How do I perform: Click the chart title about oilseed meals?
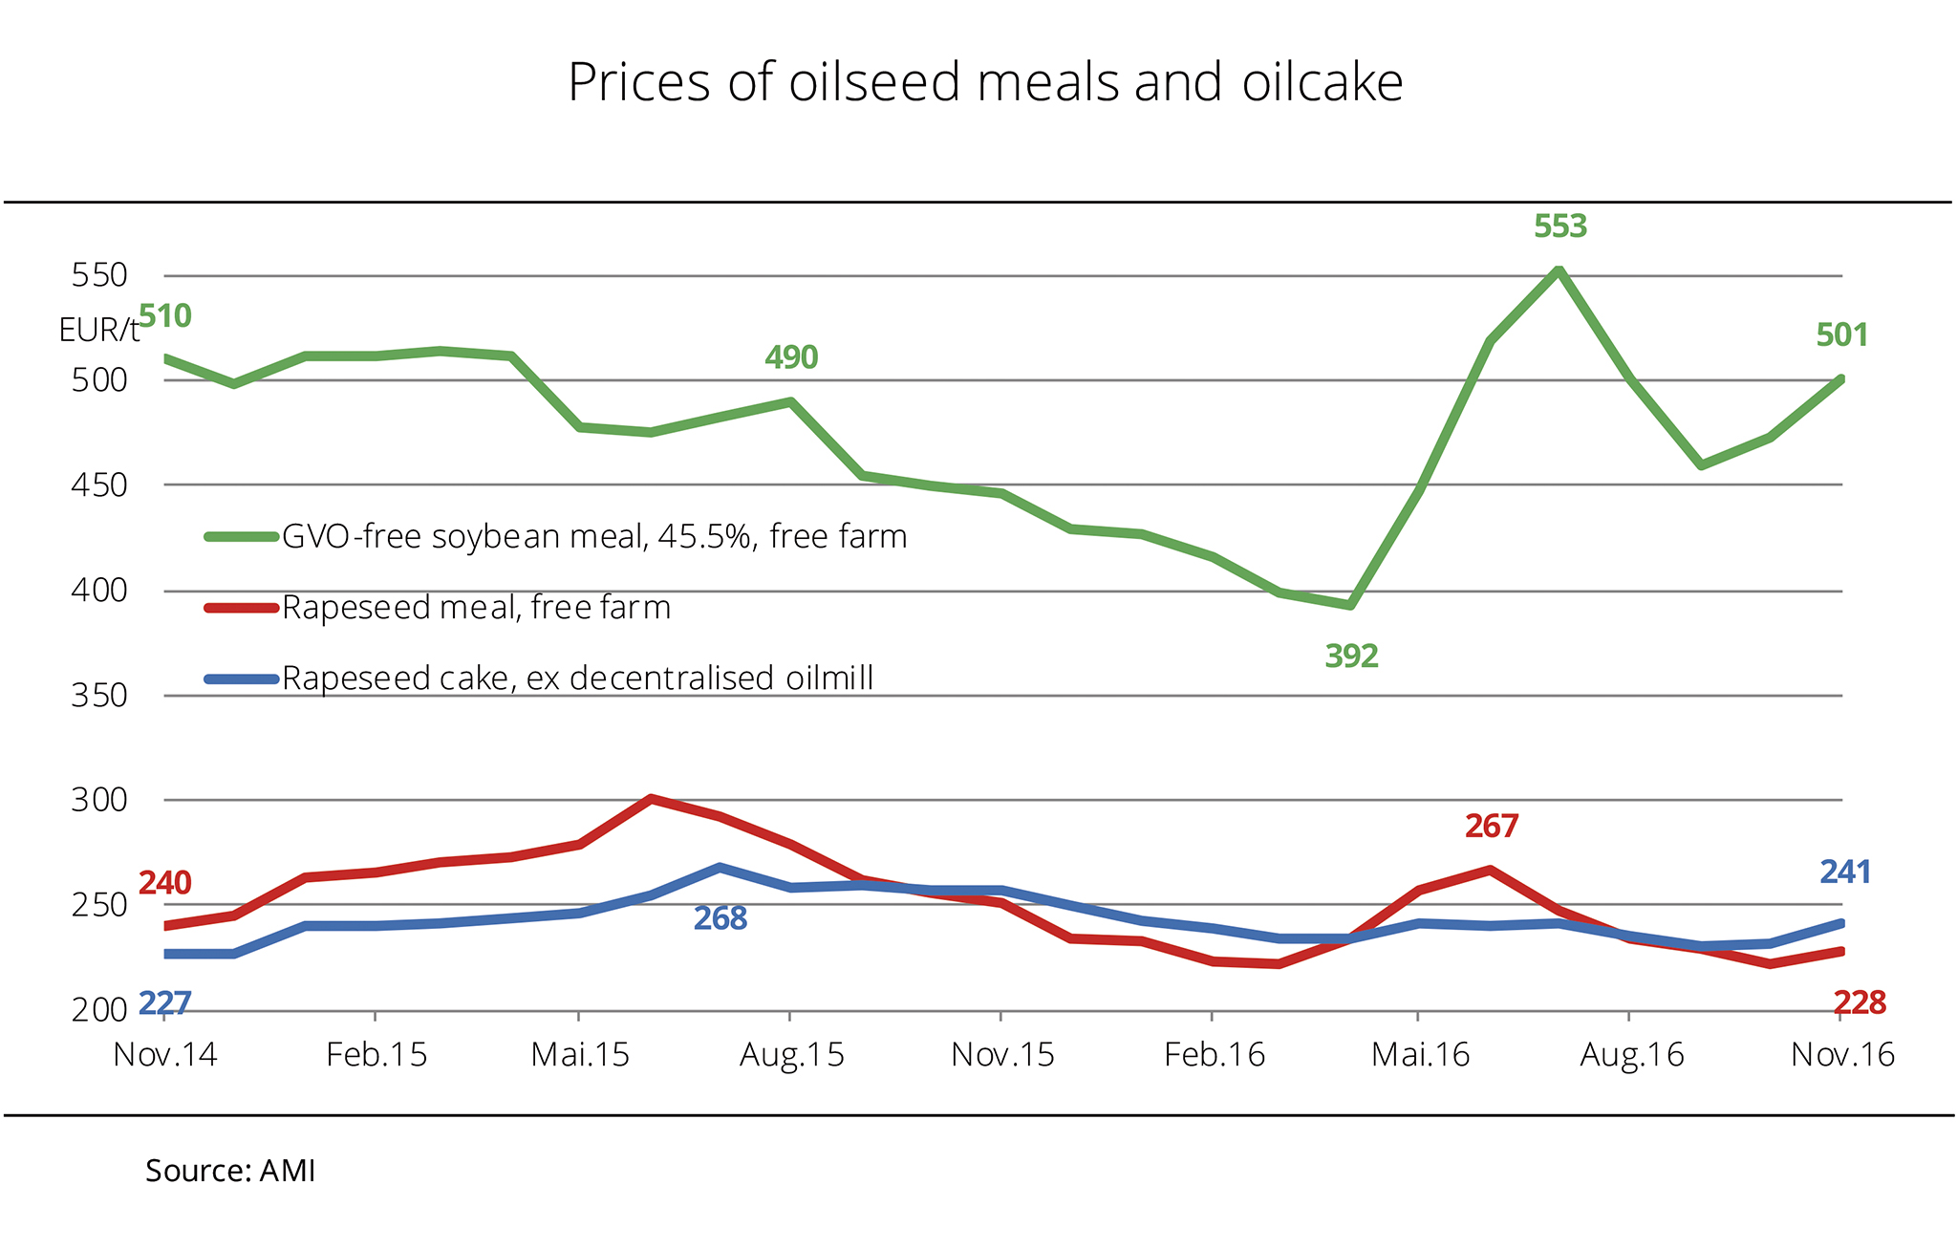[985, 82]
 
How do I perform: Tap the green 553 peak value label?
[1559, 226]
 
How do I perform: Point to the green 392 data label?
[1351, 657]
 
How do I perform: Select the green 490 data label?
[791, 357]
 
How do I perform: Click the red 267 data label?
[1491, 826]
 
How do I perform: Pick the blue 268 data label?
[720, 919]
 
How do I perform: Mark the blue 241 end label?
[1844, 872]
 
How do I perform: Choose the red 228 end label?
[1859, 1003]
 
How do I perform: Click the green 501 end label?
[1841, 335]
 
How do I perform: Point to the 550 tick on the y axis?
[99, 276]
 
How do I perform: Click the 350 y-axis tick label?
[99, 696]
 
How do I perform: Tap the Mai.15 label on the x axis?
[580, 1055]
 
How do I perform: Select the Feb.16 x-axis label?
[1214, 1055]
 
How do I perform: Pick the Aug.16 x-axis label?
[1631, 1055]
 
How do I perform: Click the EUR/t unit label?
[98, 331]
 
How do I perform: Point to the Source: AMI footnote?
[230, 1172]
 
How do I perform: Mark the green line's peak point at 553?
[1559, 270]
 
